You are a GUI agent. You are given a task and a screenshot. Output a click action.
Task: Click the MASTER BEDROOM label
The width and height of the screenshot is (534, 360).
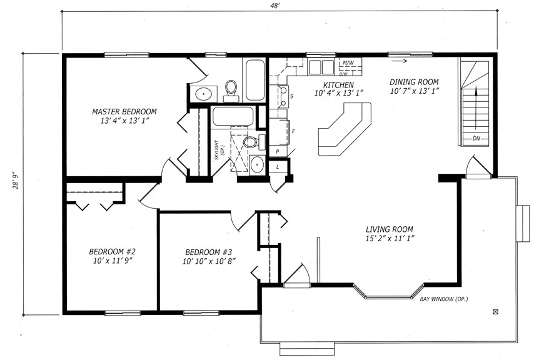(124, 111)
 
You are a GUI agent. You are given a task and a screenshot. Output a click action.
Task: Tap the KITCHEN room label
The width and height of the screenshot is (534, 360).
(338, 85)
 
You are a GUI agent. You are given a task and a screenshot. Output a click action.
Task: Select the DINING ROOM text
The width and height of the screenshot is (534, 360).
(414, 82)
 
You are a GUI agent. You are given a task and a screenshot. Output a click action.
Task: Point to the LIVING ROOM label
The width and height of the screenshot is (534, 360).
(390, 229)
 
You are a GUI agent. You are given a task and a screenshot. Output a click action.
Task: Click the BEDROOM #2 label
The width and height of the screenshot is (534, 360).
(113, 252)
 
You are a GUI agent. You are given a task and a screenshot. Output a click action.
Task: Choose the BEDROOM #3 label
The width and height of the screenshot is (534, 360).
(208, 252)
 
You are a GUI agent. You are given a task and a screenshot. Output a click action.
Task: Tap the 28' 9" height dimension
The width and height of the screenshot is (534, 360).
(16, 182)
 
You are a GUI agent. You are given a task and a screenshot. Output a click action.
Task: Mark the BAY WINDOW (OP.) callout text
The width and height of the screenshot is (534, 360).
(443, 299)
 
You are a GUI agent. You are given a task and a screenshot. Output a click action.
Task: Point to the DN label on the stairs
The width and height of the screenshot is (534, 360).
(476, 139)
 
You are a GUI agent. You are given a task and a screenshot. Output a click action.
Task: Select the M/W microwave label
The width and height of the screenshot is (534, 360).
(348, 62)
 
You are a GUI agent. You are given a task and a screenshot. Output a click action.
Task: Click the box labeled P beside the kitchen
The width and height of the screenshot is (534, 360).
(278, 151)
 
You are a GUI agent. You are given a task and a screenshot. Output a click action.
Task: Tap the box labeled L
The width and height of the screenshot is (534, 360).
(278, 167)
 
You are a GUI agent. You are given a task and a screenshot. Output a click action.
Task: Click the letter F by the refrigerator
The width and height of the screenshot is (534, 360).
(293, 131)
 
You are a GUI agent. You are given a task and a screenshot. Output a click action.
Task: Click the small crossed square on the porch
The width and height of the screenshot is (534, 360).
(495, 311)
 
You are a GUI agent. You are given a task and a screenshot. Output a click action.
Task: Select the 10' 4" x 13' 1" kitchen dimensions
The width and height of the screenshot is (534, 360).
(339, 93)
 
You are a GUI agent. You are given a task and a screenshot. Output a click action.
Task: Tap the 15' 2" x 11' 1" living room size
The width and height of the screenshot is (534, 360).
(390, 238)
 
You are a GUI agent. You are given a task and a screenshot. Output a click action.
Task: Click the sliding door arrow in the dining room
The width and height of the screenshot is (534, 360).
(399, 61)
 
